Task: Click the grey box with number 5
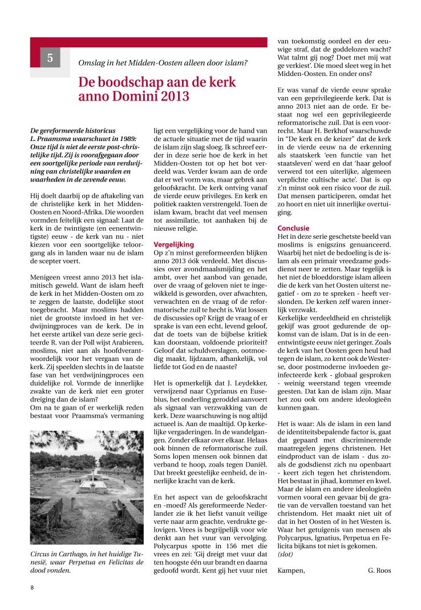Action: (50, 57)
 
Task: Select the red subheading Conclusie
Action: (293, 228)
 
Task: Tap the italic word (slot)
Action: (288, 555)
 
